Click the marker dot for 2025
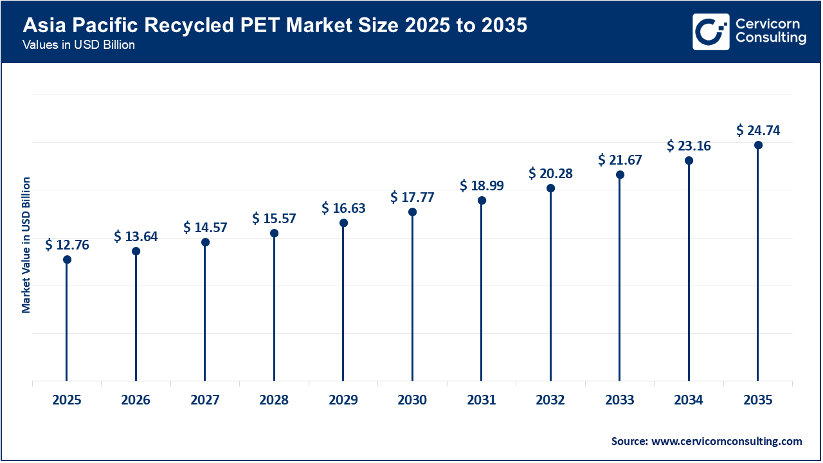coord(67,260)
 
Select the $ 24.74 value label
coord(758,131)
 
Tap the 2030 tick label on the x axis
coord(412,401)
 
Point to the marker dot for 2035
coord(758,145)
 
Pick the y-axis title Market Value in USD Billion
coord(26,245)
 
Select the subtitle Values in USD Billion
coord(78,46)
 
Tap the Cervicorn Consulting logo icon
coord(711,32)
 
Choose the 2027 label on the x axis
coord(205,401)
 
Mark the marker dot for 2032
coord(550,188)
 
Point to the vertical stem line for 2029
coord(343,302)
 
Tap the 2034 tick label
coord(689,401)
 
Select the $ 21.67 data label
coord(620,160)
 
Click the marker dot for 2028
coord(274,233)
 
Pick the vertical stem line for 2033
coord(620,277)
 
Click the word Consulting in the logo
coord(770,39)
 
